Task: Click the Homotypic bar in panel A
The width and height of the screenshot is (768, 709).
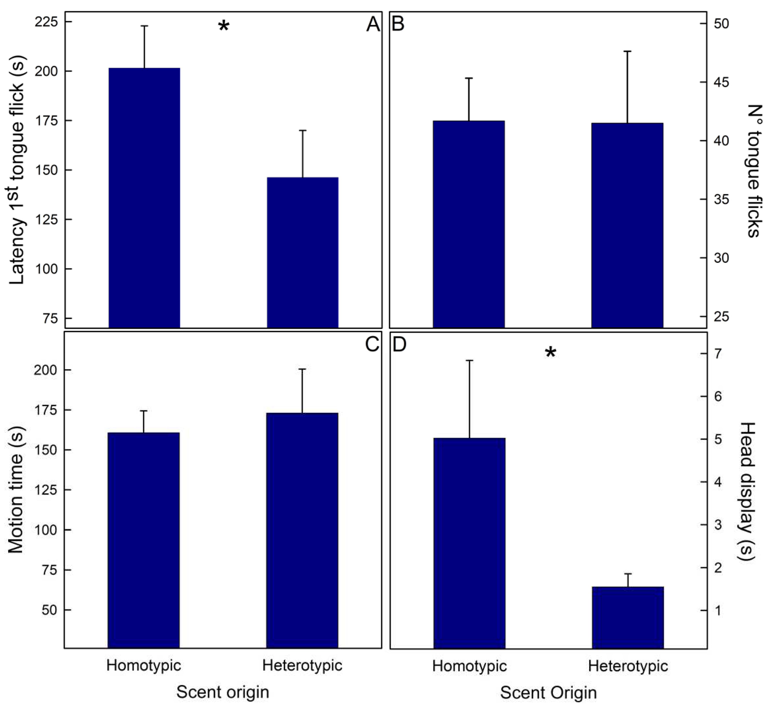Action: (x=144, y=198)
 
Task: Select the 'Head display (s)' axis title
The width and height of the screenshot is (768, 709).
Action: (x=746, y=492)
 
